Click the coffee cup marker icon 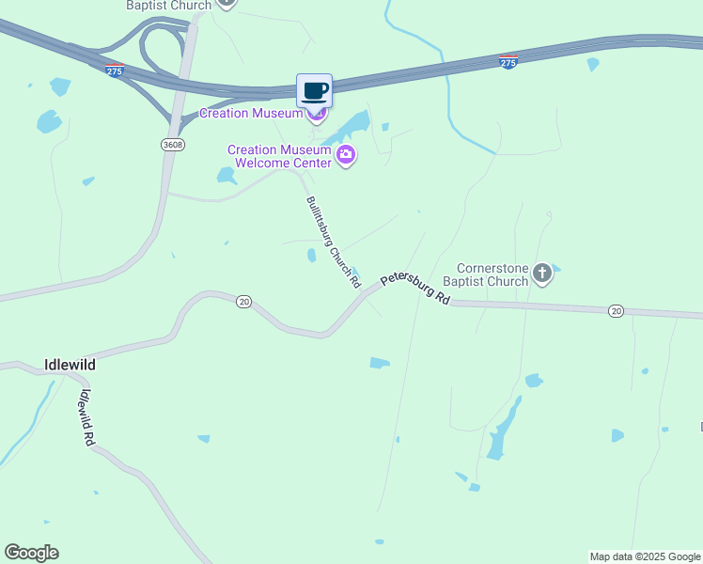315,91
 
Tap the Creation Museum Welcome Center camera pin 346,155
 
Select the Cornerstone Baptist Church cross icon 541,274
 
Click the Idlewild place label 70,364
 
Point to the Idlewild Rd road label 87,417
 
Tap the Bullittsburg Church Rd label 333,242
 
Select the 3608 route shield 172,145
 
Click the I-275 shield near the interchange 115,70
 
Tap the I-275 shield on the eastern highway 508,62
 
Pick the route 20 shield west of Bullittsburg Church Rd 244,301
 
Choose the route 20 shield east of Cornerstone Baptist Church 616,310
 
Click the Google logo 31,553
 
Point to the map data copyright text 645,556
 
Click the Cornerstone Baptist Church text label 492,274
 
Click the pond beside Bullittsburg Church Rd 311,255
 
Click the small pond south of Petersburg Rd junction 380,363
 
